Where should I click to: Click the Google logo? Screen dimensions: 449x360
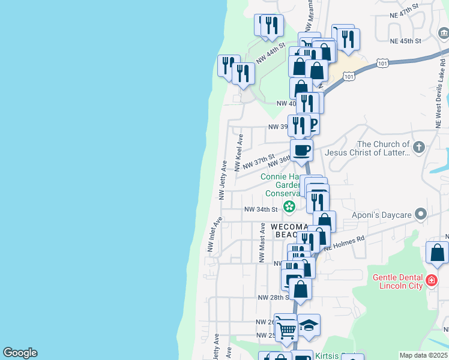click(x=20, y=353)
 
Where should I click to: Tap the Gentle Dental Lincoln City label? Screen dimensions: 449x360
click(x=398, y=281)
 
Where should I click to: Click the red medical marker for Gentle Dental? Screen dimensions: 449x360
click(x=431, y=280)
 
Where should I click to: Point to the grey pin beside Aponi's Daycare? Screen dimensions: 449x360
click(x=421, y=214)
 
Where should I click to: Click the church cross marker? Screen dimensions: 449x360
click(x=419, y=146)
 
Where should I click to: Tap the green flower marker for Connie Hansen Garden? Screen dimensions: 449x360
click(x=289, y=207)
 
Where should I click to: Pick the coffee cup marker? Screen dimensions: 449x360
click(x=301, y=149)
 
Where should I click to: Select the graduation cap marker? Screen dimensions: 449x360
click(x=309, y=325)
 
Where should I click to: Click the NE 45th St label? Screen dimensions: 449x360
click(x=405, y=41)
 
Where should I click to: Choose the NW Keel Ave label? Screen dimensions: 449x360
click(x=240, y=153)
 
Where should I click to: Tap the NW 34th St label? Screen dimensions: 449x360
click(x=261, y=209)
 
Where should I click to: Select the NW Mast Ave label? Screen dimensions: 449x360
click(x=262, y=242)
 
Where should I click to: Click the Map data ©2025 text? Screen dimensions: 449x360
click(x=424, y=355)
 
